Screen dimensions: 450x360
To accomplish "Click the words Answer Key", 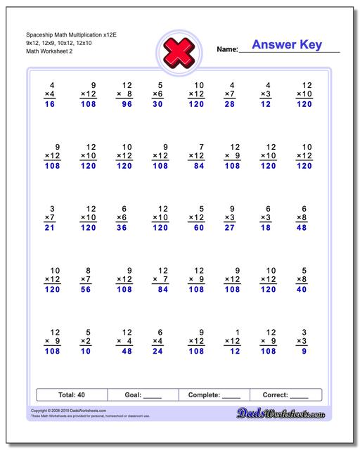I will click(287, 45).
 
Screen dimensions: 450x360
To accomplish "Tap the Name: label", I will click(227, 49).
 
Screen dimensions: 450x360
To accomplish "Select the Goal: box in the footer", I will click(143, 394).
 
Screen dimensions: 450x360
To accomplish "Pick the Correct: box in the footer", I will click(285, 394).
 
